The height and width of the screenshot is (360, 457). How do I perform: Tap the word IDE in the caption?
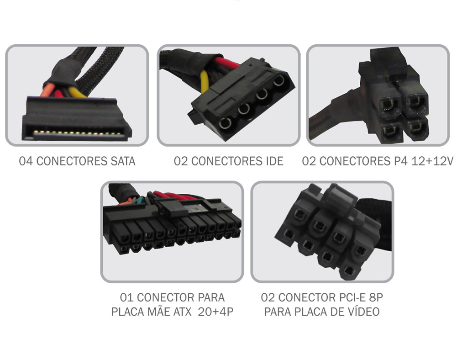pos(273,161)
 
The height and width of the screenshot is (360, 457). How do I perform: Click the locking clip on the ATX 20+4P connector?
pos(168,208)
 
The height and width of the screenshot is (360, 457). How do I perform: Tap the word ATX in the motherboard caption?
pos(187,312)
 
